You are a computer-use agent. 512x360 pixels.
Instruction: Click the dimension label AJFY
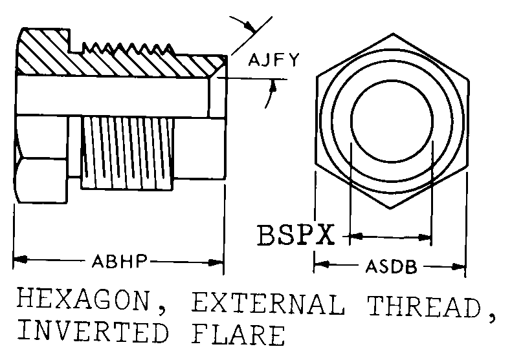coord(274,61)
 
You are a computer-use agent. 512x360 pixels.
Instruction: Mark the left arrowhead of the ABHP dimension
coord(19,262)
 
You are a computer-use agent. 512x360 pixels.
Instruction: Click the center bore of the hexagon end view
coord(391,120)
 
